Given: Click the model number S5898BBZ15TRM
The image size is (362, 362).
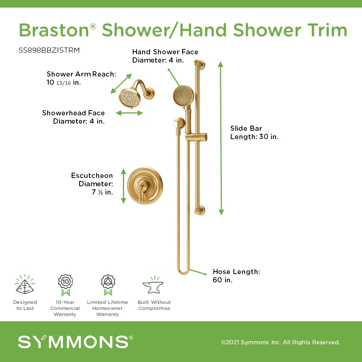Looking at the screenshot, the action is coord(49,50).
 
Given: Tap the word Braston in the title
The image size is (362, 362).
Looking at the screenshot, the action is coord(54,30).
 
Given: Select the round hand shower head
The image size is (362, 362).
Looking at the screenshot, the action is coord(183,96).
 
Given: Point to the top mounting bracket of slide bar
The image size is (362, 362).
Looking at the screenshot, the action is coord(199,64).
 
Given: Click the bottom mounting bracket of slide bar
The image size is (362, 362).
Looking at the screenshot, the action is coord(199,210).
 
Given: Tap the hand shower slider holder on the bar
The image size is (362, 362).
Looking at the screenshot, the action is coord(196,137).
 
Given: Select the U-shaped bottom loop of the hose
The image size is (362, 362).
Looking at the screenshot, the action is coord(183,272).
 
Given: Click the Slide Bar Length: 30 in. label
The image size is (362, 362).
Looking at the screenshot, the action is coord(254,132).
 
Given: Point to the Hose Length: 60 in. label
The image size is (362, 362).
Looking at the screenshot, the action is coord(236,276).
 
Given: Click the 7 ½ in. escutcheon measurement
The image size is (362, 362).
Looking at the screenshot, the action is coord(102,192).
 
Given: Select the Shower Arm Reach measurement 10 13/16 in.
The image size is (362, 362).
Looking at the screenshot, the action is coord(64,83).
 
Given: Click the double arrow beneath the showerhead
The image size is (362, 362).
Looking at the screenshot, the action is coord(129,113).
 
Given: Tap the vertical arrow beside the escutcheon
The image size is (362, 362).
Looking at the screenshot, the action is coord(124,186).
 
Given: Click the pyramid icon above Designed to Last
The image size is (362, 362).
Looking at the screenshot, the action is coord(25,284).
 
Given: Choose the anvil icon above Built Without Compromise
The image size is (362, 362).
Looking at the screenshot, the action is coord(153,285).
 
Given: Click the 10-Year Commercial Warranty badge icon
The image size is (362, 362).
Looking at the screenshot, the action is coord(65,285).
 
